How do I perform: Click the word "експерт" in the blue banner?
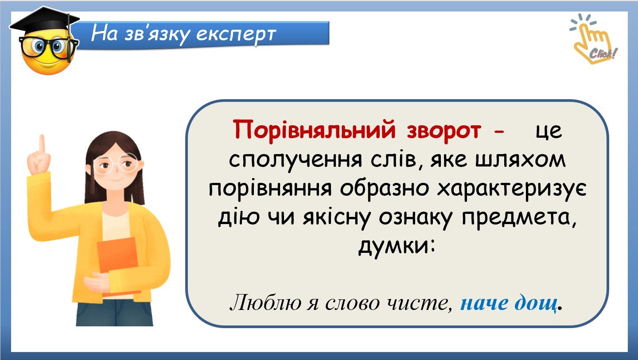236,35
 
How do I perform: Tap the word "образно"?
385,189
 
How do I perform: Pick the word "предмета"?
519,220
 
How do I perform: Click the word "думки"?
396,248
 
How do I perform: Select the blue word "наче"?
484,303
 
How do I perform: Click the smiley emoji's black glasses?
48,47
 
